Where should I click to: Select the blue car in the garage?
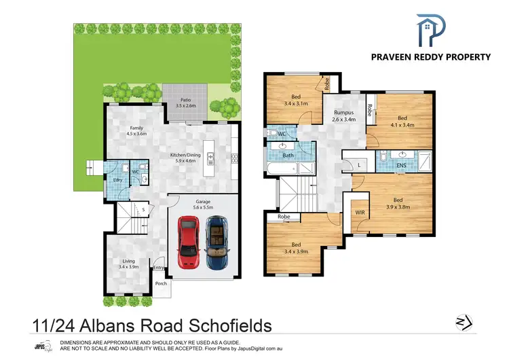tap(217, 242)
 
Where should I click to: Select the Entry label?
tap(159, 268)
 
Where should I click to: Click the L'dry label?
tap(117, 179)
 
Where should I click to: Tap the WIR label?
tap(360, 212)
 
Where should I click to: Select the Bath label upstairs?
tap(288, 155)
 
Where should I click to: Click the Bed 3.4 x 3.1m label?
tap(296, 100)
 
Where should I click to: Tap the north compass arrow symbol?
tap(460, 321)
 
